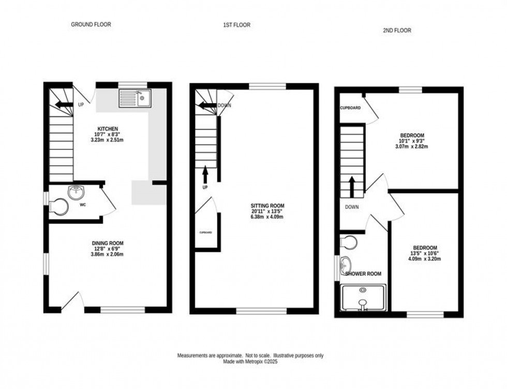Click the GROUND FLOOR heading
tap(91, 24)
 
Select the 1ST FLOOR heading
tap(237, 25)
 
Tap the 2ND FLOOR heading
tap(397, 31)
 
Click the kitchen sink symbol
tap(134, 97)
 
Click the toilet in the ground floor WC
tap(59, 208)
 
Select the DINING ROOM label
tap(108, 243)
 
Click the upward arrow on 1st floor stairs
tap(205, 171)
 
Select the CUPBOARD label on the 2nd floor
tap(350, 108)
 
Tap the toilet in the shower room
tap(350, 242)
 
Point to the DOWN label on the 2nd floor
tap(352, 207)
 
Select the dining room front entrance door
tap(72, 302)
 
